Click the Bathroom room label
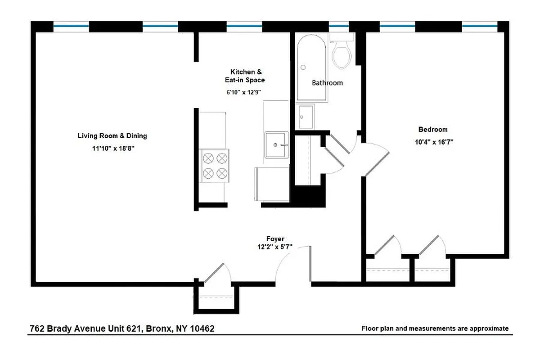(327, 83)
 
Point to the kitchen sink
(276, 144)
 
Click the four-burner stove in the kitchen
(215, 166)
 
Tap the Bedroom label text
(433, 130)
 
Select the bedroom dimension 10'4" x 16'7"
(433, 142)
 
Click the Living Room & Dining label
(112, 136)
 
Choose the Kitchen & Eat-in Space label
(245, 76)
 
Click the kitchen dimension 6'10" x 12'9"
(244, 92)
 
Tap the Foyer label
(275, 239)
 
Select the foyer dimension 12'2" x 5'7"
(275, 247)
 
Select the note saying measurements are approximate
(435, 328)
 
